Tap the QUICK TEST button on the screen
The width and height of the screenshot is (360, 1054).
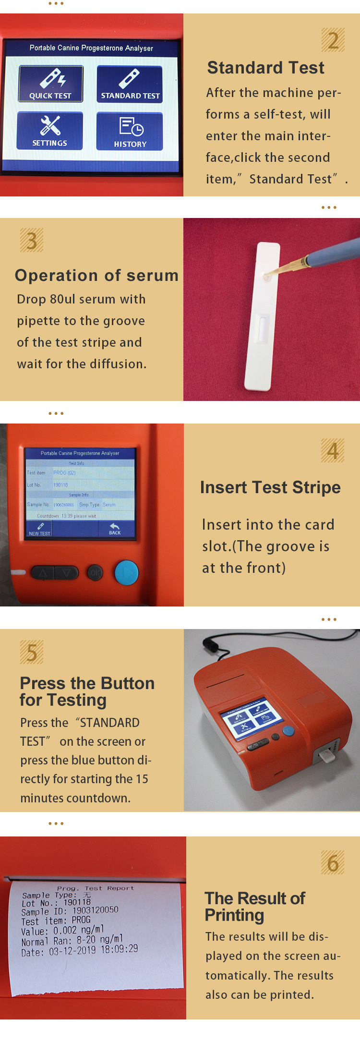coord(50,84)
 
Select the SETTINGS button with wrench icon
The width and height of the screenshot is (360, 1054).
coord(50,131)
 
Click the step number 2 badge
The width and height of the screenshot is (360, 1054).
coord(333,40)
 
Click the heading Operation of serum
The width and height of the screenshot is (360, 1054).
coord(96,276)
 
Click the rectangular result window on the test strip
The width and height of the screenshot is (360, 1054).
coord(262,328)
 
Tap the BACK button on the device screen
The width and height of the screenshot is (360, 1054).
coord(115,529)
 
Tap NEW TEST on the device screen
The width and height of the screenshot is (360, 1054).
coord(39,529)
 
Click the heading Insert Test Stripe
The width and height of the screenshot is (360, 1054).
coord(270,487)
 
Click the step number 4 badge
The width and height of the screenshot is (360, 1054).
coord(332,450)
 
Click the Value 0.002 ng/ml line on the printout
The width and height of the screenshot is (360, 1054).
coord(62,931)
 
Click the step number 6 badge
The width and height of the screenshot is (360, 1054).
coord(332,863)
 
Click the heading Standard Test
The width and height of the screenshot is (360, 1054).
coord(265,68)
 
